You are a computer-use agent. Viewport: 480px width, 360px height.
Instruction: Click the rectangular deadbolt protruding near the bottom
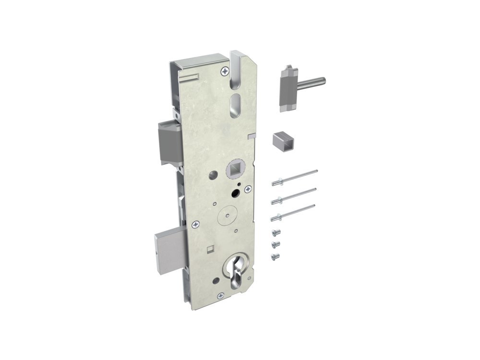[168, 243]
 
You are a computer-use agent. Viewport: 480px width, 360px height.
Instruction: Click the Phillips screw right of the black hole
[247, 190]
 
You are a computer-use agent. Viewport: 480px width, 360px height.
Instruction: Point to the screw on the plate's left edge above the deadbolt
[195, 224]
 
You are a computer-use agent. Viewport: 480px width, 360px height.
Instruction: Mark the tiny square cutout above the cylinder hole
[210, 249]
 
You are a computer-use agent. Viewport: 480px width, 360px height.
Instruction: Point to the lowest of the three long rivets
[294, 212]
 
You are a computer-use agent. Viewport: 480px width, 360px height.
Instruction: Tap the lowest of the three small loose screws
[275, 257]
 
